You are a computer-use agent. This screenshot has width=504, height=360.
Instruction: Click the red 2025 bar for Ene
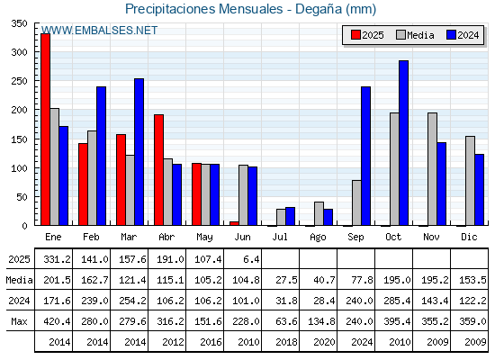click(45, 130)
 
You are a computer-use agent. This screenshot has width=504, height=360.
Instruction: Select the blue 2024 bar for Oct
click(404, 143)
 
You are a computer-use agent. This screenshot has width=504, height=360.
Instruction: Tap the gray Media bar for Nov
click(432, 169)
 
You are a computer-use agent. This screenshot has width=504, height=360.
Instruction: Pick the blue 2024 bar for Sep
click(365, 156)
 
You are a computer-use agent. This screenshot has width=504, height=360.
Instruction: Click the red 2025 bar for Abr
click(158, 170)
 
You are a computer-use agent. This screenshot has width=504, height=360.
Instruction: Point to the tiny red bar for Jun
click(234, 223)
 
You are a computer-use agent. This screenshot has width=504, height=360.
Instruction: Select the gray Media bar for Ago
click(319, 213)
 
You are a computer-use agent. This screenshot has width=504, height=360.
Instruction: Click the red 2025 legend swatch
click(355, 35)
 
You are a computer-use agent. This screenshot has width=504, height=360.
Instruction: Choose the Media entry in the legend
click(415, 35)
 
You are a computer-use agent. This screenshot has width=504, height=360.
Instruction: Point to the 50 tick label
click(22, 197)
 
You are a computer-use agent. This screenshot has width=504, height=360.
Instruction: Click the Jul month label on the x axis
click(280, 237)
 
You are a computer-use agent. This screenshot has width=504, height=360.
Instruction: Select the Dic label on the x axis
click(469, 237)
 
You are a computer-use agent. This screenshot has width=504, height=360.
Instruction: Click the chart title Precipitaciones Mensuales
click(203, 9)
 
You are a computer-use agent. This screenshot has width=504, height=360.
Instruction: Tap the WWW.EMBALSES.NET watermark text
click(100, 31)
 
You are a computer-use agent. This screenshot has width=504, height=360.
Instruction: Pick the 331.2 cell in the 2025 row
click(57, 259)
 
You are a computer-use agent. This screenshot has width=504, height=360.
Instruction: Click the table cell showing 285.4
click(397, 301)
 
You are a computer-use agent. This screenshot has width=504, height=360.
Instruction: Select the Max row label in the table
click(19, 321)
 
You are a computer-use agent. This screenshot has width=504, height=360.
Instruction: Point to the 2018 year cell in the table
click(286, 342)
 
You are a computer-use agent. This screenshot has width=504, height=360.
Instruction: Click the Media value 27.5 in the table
click(286, 280)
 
